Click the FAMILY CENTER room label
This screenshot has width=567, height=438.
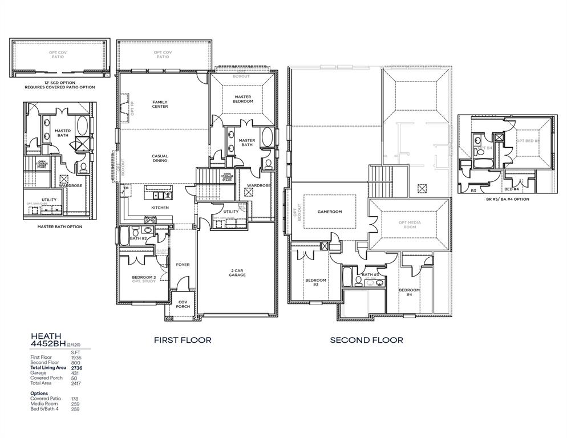point(160,104)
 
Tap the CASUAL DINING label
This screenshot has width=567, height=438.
point(160,158)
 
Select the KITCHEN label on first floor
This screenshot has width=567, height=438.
point(160,208)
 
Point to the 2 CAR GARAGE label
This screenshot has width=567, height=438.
point(237,272)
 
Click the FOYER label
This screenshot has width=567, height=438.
point(183,265)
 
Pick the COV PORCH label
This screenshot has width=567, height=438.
point(183,304)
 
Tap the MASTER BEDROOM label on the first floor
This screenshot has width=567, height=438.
point(242,99)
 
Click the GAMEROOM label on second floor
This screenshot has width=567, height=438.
point(329,212)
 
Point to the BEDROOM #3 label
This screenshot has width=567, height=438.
point(315,282)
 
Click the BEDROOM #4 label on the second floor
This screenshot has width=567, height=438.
point(409,292)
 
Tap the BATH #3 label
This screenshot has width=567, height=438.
point(370,274)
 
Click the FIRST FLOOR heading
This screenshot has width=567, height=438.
point(183,340)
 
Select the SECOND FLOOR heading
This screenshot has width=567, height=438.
point(366,340)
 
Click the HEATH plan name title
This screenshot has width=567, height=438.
point(46,336)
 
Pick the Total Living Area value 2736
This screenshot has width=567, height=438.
point(76,368)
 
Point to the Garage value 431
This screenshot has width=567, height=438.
point(75,373)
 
